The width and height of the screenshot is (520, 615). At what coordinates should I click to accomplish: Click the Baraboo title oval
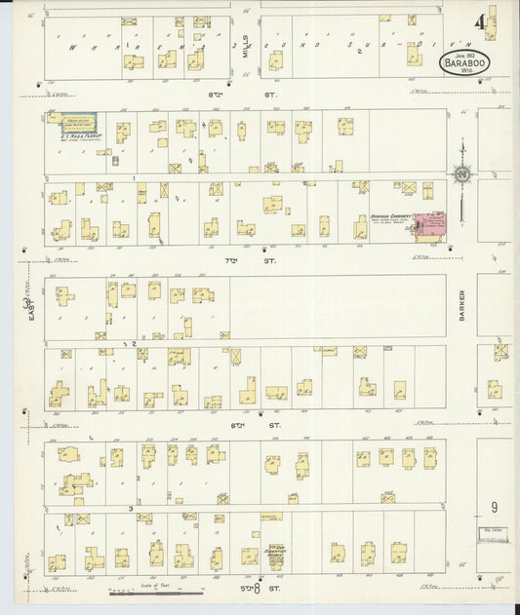click(x=464, y=60)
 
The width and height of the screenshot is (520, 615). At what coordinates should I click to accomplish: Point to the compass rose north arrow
click(x=461, y=173)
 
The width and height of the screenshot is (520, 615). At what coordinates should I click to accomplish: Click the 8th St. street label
click(x=242, y=95)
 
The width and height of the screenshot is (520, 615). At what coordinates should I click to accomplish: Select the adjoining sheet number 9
click(x=495, y=507)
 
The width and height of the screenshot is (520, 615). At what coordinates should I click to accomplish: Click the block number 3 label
click(x=130, y=509)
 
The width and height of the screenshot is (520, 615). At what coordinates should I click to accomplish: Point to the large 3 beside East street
click(x=26, y=305)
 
